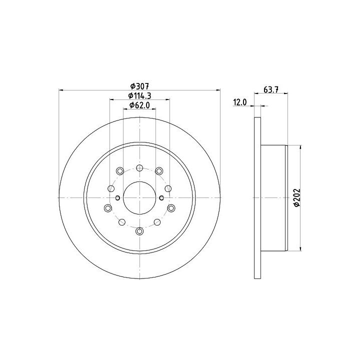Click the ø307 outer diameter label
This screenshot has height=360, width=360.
pos(139,86)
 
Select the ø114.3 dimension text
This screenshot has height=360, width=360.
pos(139,95)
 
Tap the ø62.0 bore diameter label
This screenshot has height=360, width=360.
pos(139,105)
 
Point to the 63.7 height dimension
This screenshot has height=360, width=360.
pos(271,89)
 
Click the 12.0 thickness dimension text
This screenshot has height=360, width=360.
pos(240,102)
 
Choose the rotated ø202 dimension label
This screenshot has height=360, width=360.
pos(297,197)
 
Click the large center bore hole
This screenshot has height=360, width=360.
pos(139,197)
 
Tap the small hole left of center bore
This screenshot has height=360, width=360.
pos(118,197)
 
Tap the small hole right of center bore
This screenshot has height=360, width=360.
pos(161,197)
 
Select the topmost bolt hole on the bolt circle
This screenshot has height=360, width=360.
pos(139,168)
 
